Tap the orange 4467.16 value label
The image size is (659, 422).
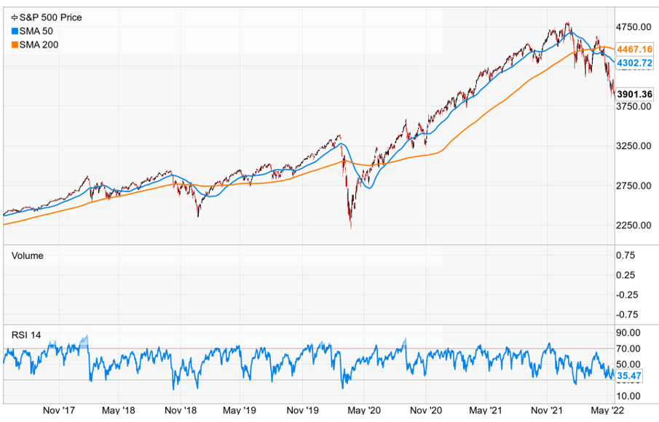(x=632, y=49)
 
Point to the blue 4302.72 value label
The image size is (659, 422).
(x=632, y=63)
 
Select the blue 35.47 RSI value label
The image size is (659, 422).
(x=628, y=376)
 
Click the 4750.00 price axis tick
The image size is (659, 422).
(x=633, y=27)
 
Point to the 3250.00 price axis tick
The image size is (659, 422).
(x=633, y=146)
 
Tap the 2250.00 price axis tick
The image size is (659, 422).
(x=633, y=225)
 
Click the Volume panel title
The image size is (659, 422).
(x=27, y=255)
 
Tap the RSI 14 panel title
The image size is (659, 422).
(x=26, y=335)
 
